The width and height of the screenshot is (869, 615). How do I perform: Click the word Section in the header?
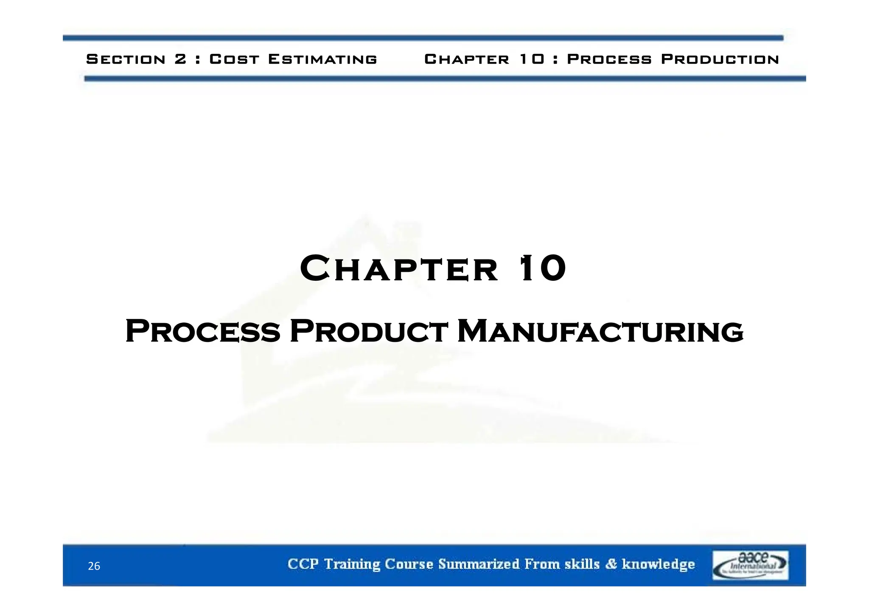126,59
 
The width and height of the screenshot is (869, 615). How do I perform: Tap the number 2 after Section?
180,59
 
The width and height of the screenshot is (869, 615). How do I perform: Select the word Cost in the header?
234,59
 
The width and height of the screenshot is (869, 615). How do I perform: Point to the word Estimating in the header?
322,59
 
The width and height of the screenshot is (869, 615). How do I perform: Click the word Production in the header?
720,59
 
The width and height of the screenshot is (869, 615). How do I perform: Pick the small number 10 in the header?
532,59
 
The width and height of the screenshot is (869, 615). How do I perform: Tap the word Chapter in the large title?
399,268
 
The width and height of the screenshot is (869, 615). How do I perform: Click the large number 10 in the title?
543,268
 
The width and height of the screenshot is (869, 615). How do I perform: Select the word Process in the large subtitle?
203,331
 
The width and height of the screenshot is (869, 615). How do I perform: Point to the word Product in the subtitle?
368,331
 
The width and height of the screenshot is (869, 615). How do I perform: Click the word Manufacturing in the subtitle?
600,331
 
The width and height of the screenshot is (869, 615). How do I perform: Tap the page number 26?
94,566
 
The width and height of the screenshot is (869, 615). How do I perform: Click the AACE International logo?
750,565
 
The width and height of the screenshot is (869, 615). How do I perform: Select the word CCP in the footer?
303,564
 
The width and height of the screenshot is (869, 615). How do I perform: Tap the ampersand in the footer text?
611,564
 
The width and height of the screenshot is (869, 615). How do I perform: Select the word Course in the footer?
409,564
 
